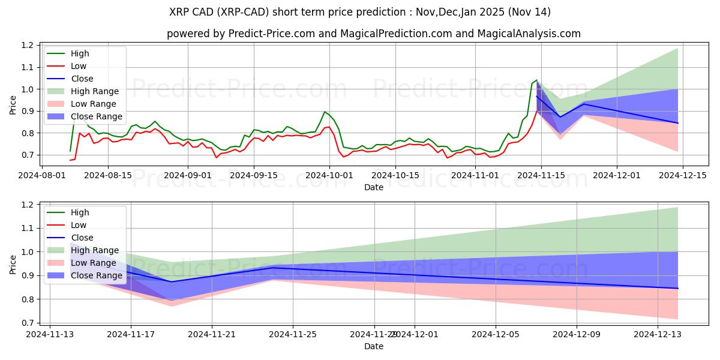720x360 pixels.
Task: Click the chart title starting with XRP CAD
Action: pyautogui.click(x=360, y=12)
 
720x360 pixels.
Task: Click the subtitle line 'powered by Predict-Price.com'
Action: pyautogui.click(x=373, y=34)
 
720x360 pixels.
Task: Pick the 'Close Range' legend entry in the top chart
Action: pyautogui.click(x=96, y=116)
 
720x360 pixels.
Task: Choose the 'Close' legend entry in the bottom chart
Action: pyautogui.click(x=82, y=238)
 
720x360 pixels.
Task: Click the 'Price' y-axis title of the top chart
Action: pyautogui.click(x=13, y=105)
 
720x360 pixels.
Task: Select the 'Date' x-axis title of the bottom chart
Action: pyautogui.click(x=373, y=346)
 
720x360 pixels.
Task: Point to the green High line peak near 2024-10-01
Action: pyautogui.click(x=325, y=112)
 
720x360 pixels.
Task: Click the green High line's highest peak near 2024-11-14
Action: pyautogui.click(x=536, y=79)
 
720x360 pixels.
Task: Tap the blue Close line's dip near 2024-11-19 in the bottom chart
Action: pyautogui.click(x=172, y=282)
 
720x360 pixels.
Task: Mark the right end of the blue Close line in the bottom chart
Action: pyautogui.click(x=678, y=289)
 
